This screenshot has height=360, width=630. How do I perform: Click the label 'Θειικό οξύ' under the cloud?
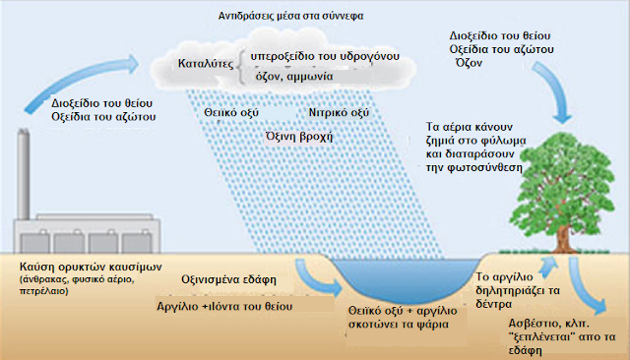click(x=232, y=114)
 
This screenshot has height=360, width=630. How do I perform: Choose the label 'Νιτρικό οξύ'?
click(x=339, y=113)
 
